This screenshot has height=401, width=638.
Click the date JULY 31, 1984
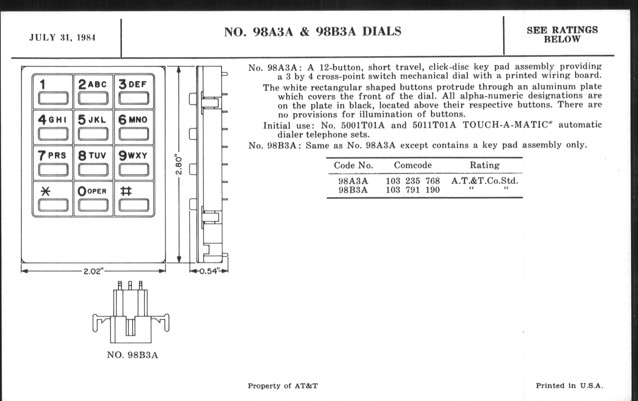(x=62, y=37)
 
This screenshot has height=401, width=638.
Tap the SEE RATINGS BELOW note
(x=562, y=35)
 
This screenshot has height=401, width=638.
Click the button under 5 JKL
(x=93, y=134)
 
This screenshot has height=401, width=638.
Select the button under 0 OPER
(x=93, y=205)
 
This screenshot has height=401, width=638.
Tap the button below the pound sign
(x=134, y=205)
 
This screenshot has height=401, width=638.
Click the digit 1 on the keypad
(x=42, y=84)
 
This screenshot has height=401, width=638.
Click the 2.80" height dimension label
(x=179, y=165)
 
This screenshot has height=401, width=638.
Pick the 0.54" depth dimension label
(x=210, y=271)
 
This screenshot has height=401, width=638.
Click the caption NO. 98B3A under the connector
(x=132, y=355)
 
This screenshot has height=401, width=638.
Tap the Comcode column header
(x=413, y=165)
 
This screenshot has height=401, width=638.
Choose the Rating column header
(x=485, y=165)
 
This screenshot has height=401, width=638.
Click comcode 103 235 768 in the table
(x=413, y=181)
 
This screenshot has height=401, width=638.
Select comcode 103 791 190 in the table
(x=413, y=190)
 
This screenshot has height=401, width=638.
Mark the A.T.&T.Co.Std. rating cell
(x=485, y=181)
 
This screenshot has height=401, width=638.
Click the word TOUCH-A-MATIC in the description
(x=505, y=125)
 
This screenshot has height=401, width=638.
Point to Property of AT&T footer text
(x=283, y=386)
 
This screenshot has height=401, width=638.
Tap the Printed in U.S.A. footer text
(x=569, y=386)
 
